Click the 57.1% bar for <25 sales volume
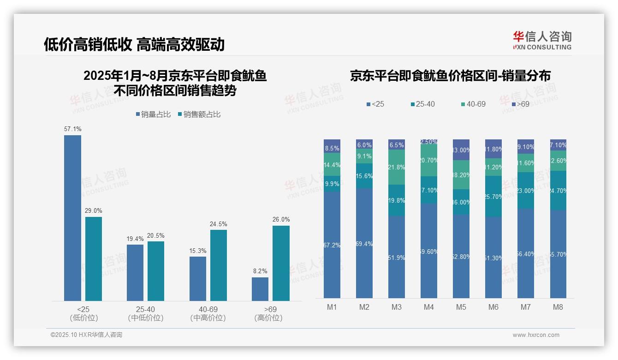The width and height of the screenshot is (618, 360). [72, 218]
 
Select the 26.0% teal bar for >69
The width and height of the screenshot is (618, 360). [281, 263]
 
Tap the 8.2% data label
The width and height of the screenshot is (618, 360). [260, 271]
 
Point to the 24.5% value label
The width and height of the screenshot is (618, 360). [219, 224]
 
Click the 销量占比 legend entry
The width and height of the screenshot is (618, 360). [153, 114]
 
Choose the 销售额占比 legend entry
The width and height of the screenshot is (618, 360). [199, 114]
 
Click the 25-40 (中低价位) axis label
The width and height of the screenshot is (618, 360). [145, 313]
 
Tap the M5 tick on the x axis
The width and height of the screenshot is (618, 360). [461, 307]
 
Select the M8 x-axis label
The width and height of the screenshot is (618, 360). [558, 307]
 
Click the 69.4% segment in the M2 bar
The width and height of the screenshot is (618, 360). [364, 243]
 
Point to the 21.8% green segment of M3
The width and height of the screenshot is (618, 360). [397, 167]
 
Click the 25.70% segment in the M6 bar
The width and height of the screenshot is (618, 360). [493, 196]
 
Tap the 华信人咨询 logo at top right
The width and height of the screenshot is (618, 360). [542, 40]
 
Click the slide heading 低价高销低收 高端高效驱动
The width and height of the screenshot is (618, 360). [134, 44]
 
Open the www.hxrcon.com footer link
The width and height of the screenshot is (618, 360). [536, 335]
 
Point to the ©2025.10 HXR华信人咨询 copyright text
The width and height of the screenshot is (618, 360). [86, 335]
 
